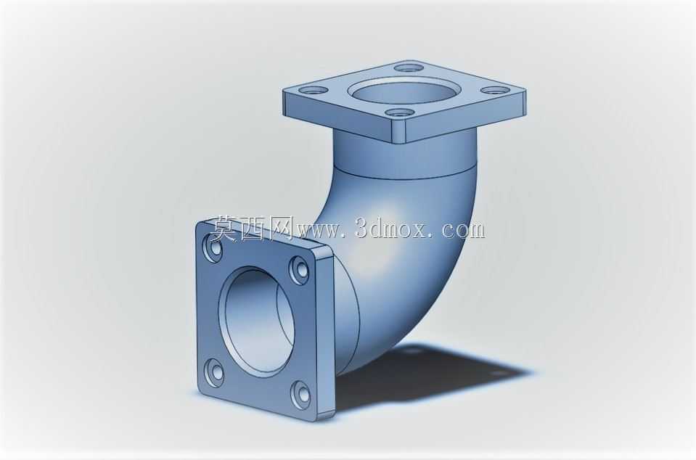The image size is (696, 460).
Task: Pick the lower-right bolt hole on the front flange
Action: [300, 393]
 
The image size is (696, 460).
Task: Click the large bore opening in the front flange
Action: [259, 321]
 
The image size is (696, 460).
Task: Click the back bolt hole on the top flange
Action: [409, 69]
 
